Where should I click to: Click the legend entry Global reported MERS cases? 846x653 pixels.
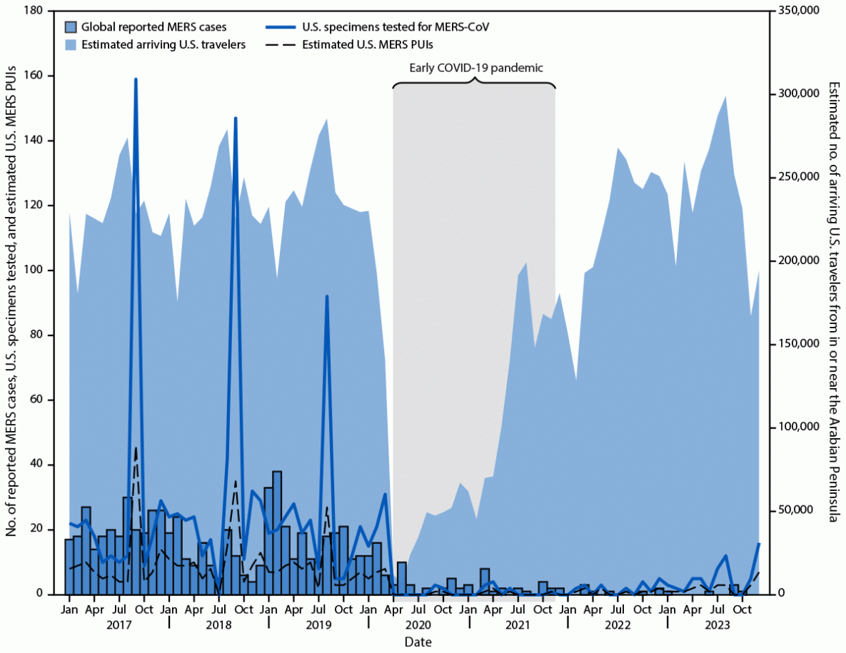(x=154, y=28)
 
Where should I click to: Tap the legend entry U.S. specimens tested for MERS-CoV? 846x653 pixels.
(x=398, y=28)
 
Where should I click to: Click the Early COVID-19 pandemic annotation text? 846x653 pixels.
(x=476, y=69)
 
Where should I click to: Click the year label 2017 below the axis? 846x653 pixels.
(x=119, y=625)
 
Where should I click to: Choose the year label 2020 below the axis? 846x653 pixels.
(x=418, y=625)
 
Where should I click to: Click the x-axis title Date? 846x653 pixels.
(x=418, y=642)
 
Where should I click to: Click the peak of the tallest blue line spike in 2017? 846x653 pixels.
(x=136, y=79)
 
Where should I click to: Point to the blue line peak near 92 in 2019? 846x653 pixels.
(x=327, y=296)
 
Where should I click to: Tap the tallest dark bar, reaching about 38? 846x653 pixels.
(x=277, y=472)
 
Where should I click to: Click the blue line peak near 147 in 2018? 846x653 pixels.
(x=236, y=118)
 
